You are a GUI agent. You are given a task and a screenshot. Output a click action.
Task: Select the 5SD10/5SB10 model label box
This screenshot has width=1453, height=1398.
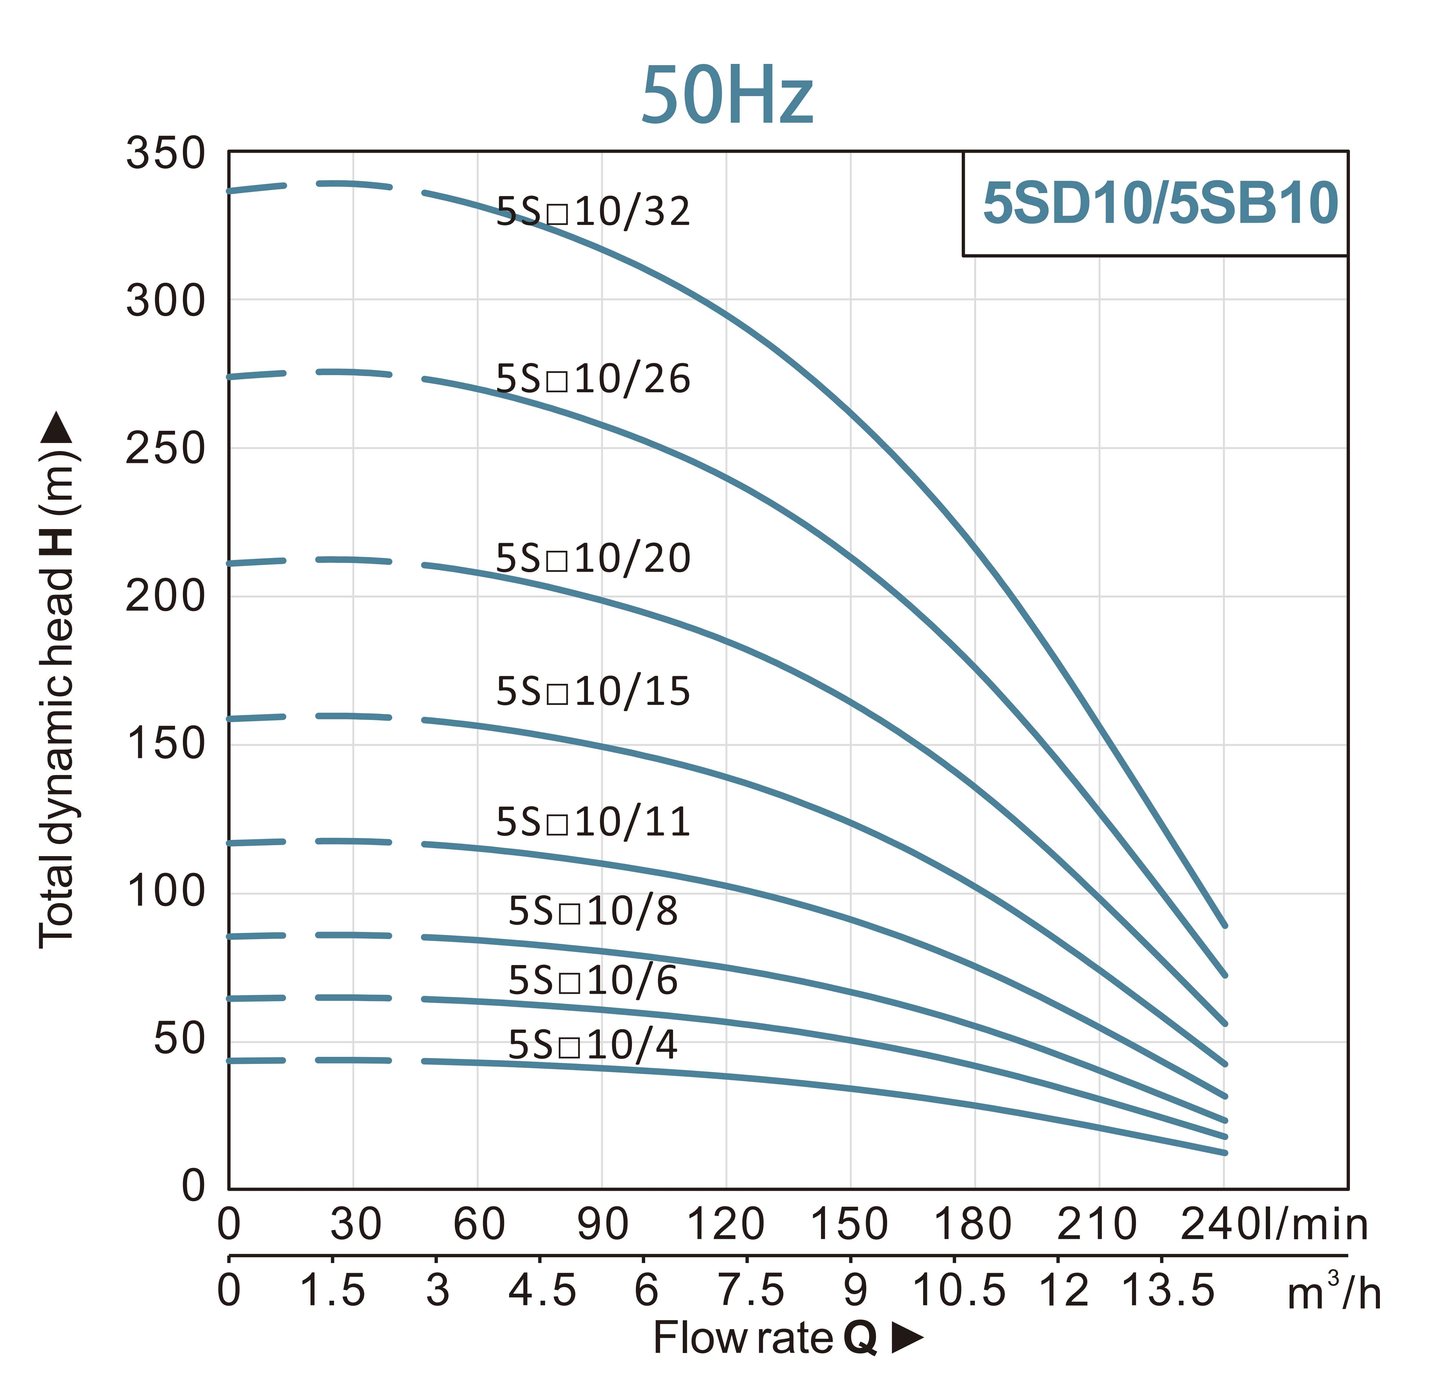(1159, 203)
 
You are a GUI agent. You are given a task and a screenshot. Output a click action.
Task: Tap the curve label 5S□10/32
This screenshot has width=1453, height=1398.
(593, 212)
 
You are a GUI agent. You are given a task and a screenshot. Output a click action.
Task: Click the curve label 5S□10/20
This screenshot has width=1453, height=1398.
(593, 558)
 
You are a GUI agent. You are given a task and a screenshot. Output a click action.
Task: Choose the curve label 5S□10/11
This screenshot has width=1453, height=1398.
(593, 822)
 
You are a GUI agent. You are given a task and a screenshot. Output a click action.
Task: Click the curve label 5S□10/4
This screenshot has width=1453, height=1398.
(593, 1046)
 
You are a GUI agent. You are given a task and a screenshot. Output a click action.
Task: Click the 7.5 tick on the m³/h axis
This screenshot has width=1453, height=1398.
(750, 1291)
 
